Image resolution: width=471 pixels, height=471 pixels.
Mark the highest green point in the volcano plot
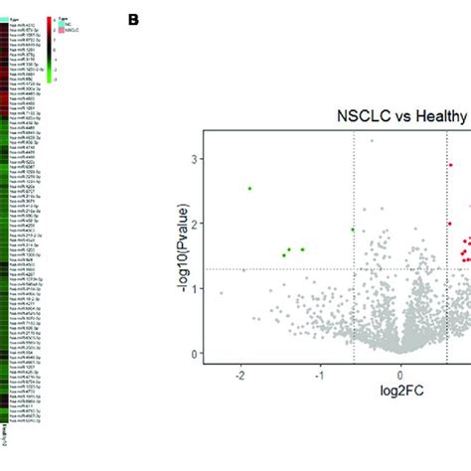[x=250, y=188]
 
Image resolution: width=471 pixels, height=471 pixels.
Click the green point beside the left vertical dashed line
[x=352, y=230]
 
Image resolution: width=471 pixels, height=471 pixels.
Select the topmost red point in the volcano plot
[x=450, y=166]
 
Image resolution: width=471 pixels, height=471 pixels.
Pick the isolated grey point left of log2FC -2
[x=222, y=293]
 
